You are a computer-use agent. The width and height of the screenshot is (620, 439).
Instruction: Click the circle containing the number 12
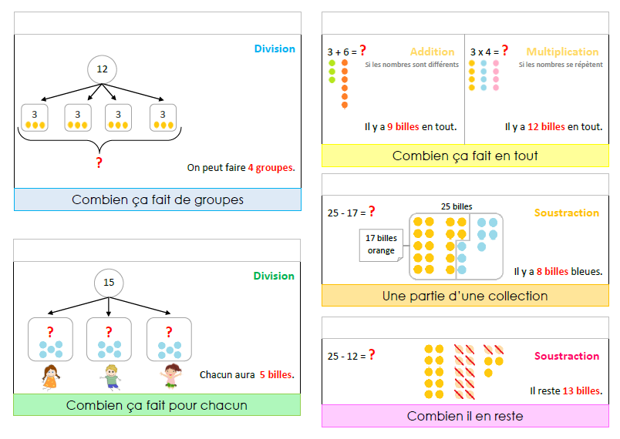[102, 69]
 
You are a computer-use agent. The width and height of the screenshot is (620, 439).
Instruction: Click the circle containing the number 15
[109, 283]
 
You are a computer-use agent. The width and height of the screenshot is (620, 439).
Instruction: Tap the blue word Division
[275, 49]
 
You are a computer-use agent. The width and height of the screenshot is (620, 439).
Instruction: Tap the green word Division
[274, 276]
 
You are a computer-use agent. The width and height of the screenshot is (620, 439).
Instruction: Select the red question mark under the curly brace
[99, 163]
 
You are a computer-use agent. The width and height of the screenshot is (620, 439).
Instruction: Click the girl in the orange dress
[50, 377]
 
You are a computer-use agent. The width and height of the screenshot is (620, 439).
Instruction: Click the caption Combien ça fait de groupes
[157, 199]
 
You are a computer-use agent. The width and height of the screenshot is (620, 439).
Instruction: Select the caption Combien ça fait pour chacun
[157, 405]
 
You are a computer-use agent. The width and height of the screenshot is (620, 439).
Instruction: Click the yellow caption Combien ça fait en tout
[465, 156]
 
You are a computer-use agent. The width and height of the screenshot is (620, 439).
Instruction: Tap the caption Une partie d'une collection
[465, 296]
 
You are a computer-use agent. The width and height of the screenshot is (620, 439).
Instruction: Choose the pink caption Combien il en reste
[465, 416]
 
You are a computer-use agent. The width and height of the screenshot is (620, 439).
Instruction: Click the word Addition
[432, 52]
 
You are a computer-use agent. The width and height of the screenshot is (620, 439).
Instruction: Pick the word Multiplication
[562, 52]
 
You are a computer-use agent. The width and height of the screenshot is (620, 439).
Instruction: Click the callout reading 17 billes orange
[381, 244]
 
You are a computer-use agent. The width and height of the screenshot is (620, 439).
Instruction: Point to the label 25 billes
[457, 206]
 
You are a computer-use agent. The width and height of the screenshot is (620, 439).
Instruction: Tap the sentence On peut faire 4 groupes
[241, 166]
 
